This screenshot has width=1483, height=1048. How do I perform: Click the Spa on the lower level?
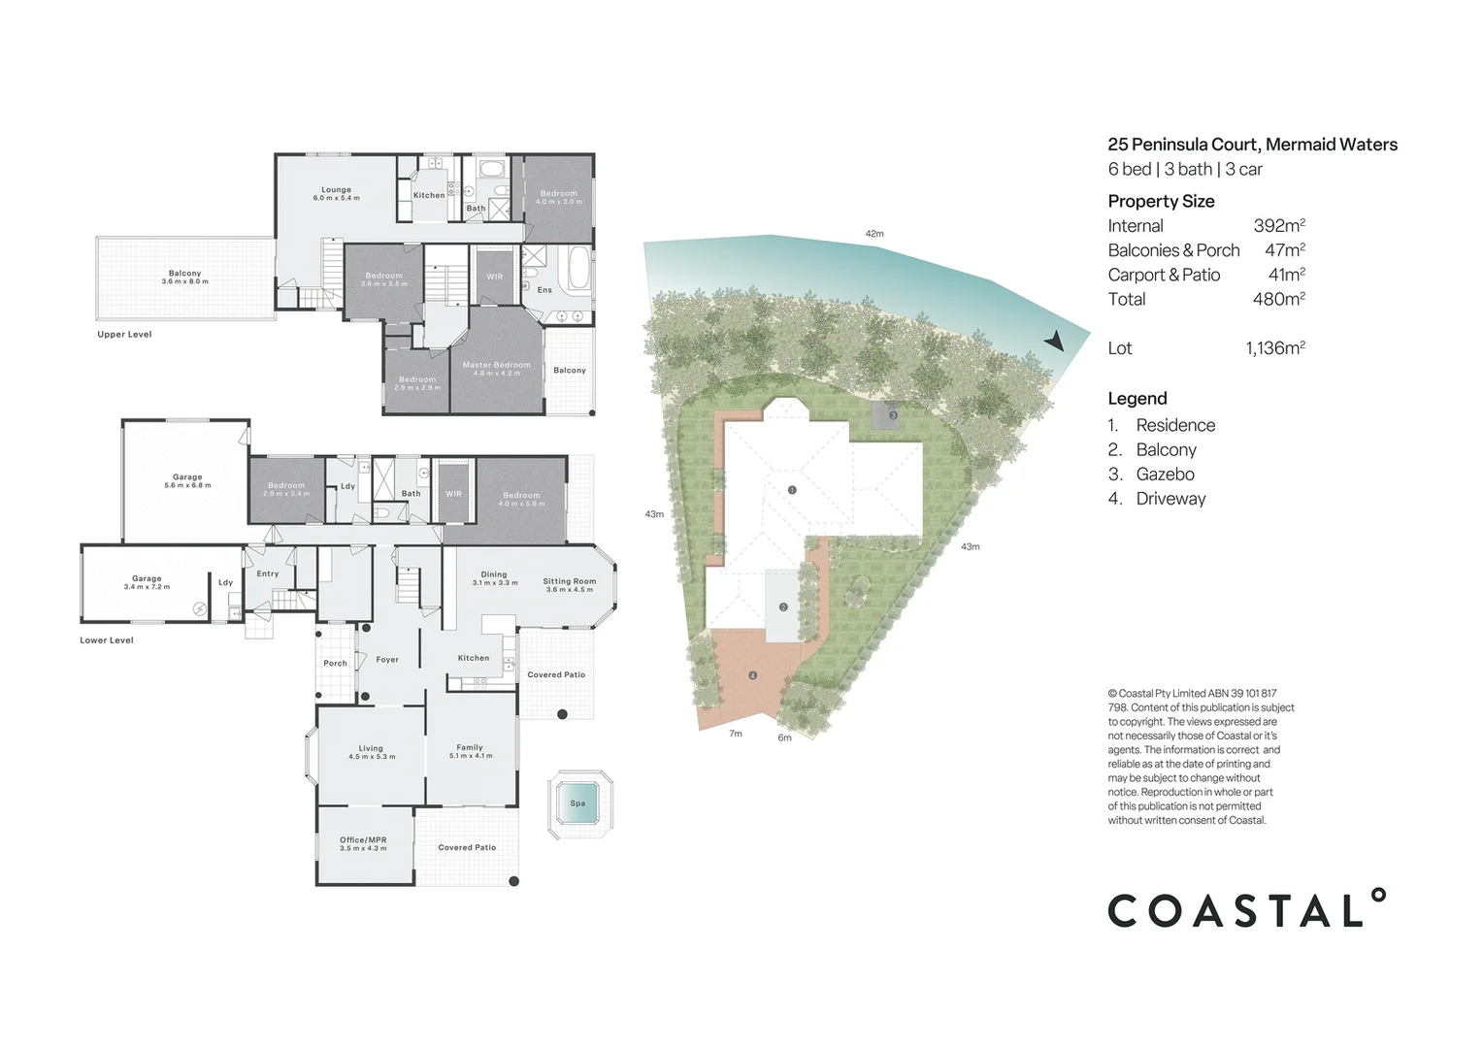(579, 803)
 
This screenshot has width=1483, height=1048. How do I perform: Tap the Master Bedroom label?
(496, 366)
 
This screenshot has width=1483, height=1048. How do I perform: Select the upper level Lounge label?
(336, 190)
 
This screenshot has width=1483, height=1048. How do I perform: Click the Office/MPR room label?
(363, 840)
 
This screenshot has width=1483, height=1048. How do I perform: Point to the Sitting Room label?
(569, 582)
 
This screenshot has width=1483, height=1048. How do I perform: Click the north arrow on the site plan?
(1054, 341)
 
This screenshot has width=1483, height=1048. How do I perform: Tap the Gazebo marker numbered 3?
(893, 415)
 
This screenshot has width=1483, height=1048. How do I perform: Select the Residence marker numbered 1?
(792, 490)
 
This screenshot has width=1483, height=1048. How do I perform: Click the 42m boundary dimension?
(874, 234)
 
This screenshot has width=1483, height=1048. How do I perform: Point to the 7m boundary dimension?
(736, 734)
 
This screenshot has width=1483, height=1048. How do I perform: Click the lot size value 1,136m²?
(1274, 347)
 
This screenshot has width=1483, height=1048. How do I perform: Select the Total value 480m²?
(1278, 299)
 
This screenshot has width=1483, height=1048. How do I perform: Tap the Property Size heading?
(1161, 201)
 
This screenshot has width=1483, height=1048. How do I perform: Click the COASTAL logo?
(1246, 909)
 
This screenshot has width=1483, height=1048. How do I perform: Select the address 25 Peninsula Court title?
(1252, 145)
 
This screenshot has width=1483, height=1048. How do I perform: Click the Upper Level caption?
(124, 335)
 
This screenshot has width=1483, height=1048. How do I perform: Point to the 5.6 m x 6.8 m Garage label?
(187, 480)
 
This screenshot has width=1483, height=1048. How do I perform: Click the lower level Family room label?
(470, 748)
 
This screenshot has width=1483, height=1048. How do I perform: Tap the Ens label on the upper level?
(544, 290)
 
